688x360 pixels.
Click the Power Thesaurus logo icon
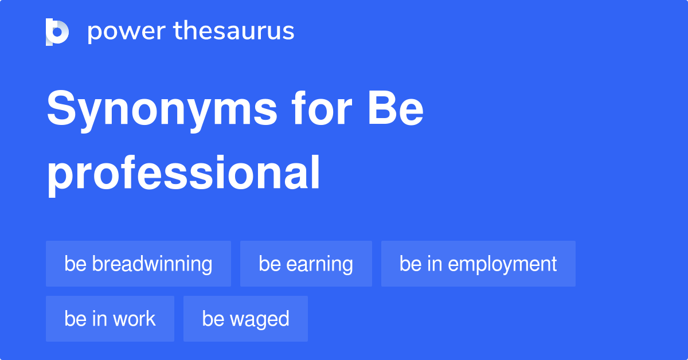57,32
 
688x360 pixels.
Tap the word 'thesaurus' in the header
234,32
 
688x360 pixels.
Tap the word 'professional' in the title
183,175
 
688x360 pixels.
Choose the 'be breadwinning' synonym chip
138,264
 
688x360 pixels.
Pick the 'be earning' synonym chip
306,264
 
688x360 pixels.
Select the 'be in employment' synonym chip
478,264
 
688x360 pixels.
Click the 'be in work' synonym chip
110,319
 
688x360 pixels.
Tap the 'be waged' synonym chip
245,319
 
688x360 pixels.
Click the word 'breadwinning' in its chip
152,264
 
